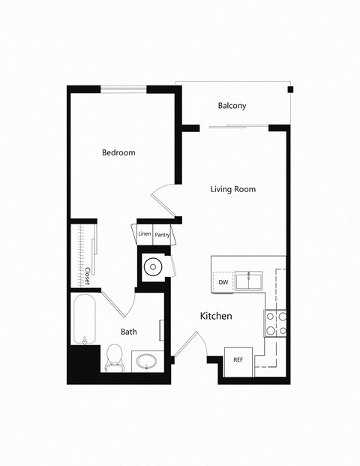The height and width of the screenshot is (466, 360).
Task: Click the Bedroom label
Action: point(118,153)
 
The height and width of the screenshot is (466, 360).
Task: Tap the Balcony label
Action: point(232,106)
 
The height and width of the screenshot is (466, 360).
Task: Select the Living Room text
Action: point(232,189)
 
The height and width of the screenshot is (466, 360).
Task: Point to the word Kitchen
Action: point(215,316)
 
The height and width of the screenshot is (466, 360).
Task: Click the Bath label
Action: point(128,331)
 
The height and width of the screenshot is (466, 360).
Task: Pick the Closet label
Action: point(88,276)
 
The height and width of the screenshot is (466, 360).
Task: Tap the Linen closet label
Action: point(145,234)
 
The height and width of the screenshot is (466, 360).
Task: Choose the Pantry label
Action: point(163,235)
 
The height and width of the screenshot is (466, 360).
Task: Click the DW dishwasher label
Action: point(223,282)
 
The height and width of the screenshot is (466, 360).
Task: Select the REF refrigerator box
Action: point(238,360)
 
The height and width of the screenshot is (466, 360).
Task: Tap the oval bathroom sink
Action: point(146,361)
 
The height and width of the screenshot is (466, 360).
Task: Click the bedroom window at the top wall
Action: point(124,90)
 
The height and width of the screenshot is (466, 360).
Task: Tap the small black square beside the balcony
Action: point(290,90)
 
